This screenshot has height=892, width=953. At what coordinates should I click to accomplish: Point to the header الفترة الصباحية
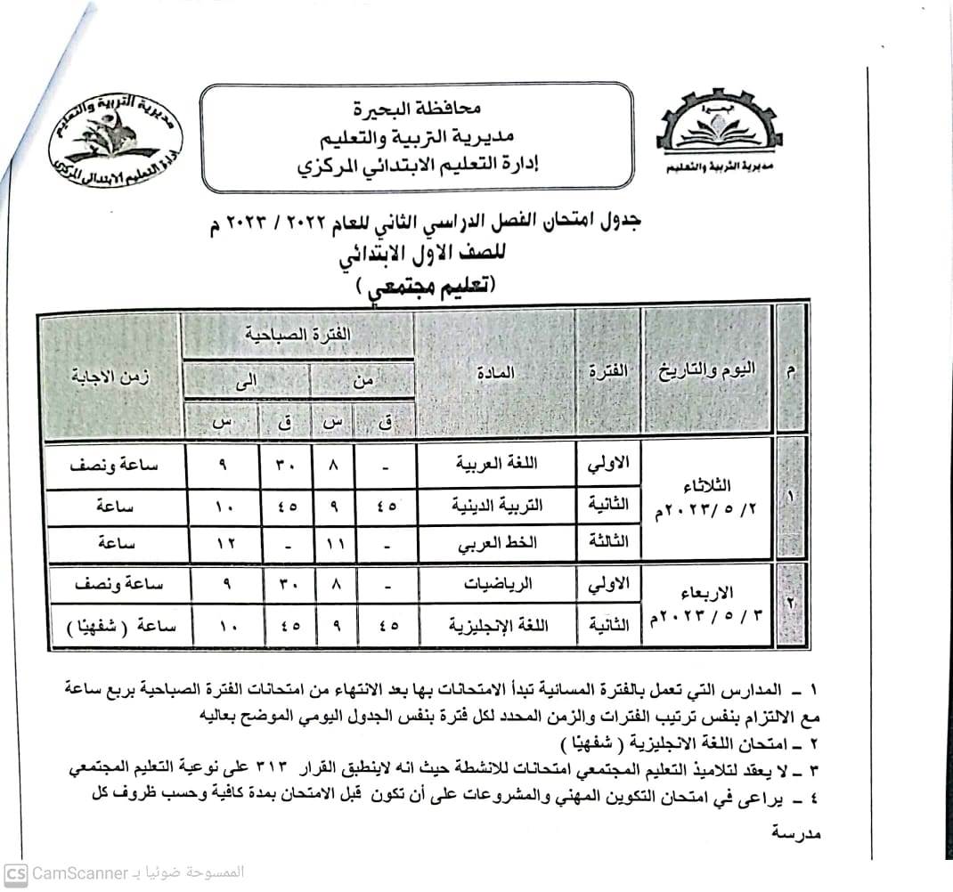297,335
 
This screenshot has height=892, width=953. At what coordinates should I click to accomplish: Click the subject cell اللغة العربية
495,464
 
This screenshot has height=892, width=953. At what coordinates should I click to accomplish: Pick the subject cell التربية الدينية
495,504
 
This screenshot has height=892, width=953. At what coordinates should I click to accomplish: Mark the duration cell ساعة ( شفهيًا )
111,627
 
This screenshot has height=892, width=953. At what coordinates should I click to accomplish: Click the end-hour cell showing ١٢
223,543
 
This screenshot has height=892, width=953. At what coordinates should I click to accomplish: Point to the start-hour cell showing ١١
333,543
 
